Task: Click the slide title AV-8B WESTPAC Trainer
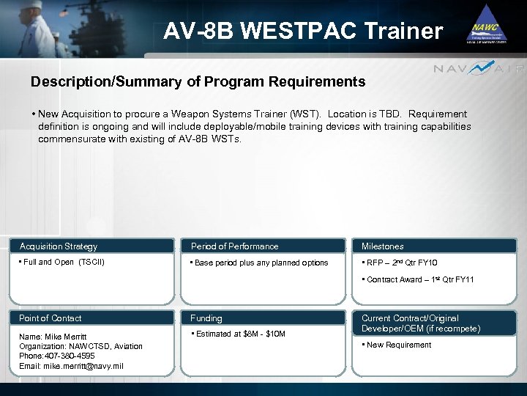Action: point(303,31)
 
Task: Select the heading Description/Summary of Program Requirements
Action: point(198,82)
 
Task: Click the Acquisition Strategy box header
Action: point(59,246)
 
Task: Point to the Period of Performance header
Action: point(234,246)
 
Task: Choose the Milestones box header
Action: point(382,246)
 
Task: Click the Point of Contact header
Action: point(51,318)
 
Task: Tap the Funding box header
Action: point(206,318)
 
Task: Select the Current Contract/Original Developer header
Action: point(421,323)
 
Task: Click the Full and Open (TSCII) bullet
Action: point(62,262)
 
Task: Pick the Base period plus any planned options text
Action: point(260,263)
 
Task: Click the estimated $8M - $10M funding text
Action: point(238,334)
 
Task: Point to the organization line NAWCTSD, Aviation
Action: point(81,346)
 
